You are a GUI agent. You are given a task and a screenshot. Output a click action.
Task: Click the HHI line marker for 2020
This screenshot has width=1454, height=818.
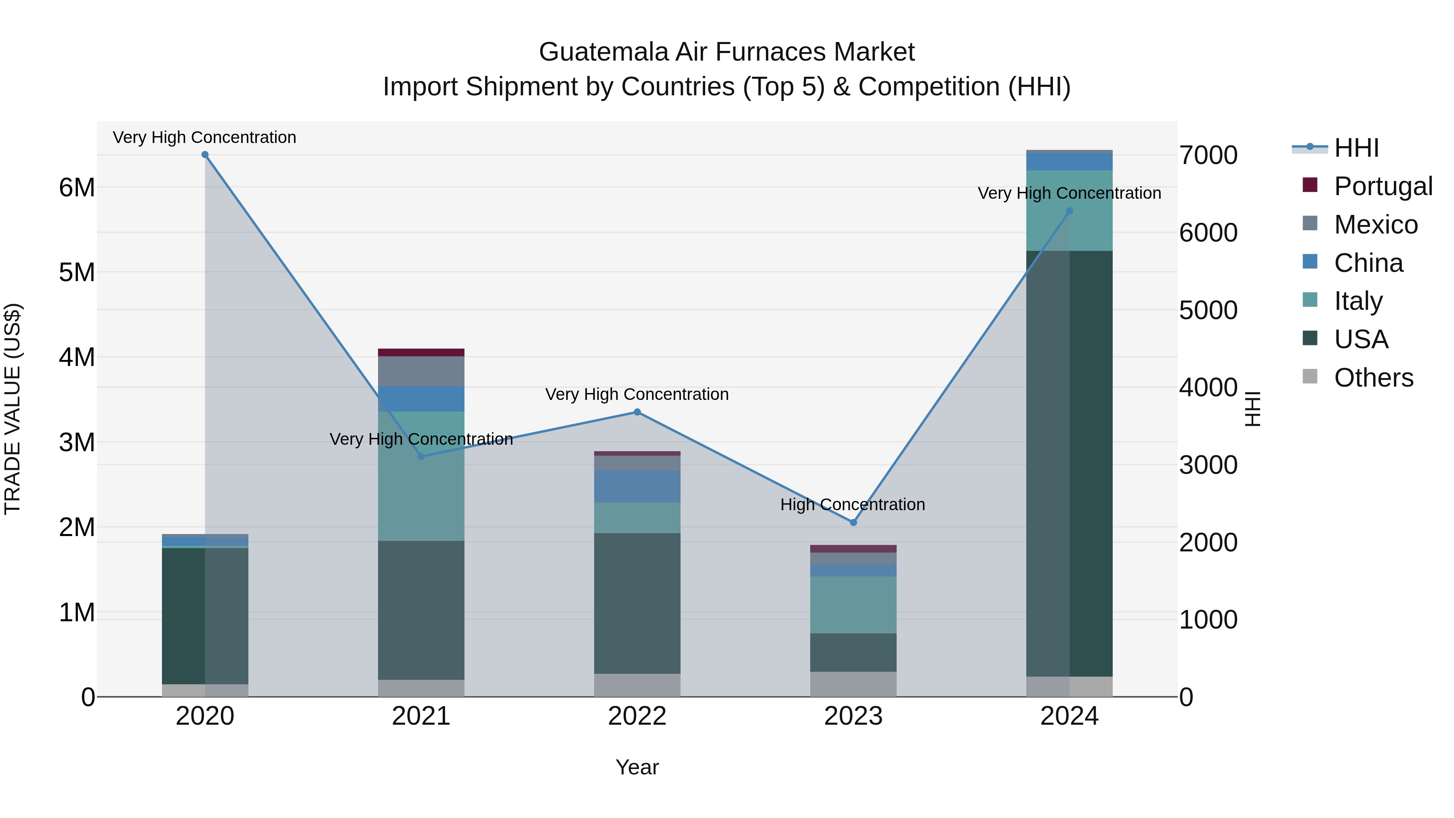click(205, 155)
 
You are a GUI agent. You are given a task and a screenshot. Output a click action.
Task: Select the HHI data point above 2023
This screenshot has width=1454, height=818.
click(853, 523)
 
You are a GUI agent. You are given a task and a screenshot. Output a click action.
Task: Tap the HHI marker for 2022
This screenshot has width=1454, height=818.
click(637, 412)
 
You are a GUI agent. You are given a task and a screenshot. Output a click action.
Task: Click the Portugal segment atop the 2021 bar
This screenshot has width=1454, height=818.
click(421, 352)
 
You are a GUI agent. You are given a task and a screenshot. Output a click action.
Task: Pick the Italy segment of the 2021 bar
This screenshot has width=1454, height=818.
click(421, 476)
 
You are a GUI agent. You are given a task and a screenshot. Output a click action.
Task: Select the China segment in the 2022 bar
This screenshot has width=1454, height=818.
click(637, 487)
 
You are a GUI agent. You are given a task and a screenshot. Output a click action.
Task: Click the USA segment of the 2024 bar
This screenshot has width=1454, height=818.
click(1069, 463)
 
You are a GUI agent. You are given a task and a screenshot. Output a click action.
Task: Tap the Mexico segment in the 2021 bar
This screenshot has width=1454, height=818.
click(421, 371)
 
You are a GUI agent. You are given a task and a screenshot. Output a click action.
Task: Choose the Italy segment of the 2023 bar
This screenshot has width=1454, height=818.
click(853, 605)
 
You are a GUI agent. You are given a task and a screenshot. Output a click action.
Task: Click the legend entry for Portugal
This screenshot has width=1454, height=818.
click(1383, 186)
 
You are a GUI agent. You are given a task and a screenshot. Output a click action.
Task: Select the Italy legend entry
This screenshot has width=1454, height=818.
click(1357, 301)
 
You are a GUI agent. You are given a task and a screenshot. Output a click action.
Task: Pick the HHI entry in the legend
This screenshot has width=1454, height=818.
click(1356, 148)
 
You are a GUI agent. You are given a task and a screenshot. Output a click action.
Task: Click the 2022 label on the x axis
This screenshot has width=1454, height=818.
click(637, 716)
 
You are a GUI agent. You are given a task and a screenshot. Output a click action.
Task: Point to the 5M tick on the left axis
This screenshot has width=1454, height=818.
click(77, 273)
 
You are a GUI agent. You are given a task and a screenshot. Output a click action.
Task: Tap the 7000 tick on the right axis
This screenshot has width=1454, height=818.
click(1208, 155)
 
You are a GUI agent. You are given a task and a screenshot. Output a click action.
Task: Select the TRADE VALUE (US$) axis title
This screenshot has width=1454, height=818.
click(13, 409)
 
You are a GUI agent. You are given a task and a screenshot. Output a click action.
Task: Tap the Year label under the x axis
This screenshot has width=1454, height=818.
click(637, 767)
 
